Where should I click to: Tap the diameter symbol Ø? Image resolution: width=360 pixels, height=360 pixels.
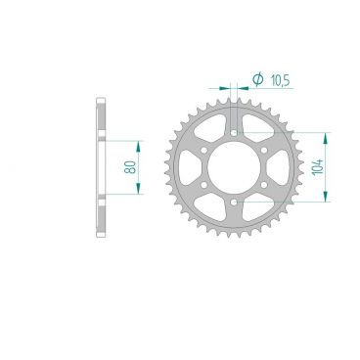coord(256,79)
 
